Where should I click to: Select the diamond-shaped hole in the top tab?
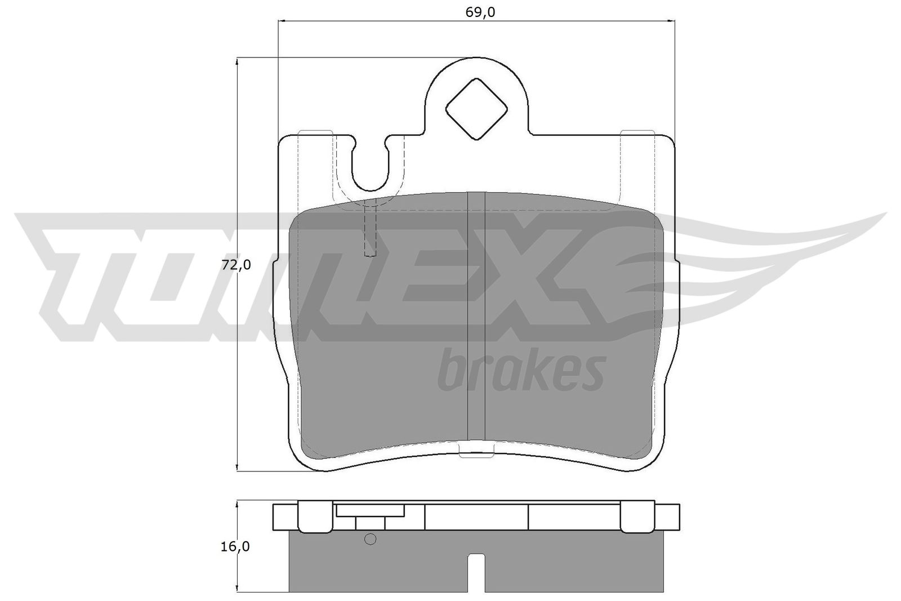(x=476, y=109)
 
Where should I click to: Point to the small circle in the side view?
(x=370, y=539)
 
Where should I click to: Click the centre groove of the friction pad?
(x=476, y=315)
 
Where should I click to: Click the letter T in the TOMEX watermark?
(x=84, y=270)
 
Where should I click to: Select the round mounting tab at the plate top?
(x=476, y=96)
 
